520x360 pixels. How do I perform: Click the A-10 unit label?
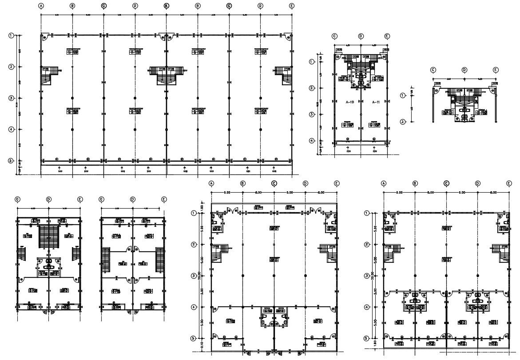click(x=349, y=102)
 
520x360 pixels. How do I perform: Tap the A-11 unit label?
click(x=376, y=102)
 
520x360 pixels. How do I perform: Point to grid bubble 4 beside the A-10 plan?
click(x=312, y=141)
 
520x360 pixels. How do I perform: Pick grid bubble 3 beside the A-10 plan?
click(x=312, y=115)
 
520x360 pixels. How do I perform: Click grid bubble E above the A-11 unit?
click(x=387, y=36)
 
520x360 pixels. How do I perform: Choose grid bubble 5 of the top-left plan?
click(x=12, y=161)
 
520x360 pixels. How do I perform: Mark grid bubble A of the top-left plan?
click(x=41, y=6)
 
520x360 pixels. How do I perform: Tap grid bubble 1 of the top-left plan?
click(x=12, y=36)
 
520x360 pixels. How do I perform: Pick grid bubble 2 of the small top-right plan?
click(x=403, y=122)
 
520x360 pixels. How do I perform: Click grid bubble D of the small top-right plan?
click(x=464, y=70)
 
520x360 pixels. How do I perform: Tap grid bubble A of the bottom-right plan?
click(x=384, y=183)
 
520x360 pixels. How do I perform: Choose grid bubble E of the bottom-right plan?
click(x=509, y=183)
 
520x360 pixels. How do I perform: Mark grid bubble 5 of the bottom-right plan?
click(x=367, y=338)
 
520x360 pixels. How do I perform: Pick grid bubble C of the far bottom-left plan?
click(x=17, y=199)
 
